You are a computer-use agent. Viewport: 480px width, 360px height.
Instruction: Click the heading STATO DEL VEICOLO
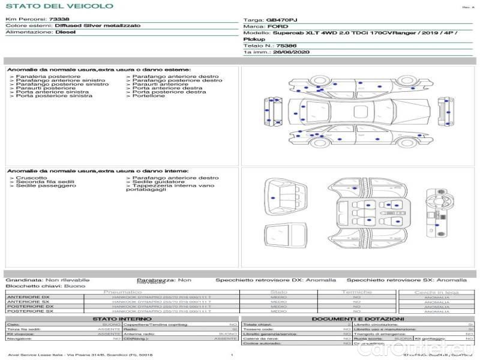(59, 6)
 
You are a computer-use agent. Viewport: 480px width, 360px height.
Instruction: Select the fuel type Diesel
(65, 32)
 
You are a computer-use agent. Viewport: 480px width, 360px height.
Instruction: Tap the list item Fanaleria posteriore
(48, 77)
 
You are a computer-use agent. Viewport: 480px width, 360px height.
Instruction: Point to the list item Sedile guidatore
(158, 182)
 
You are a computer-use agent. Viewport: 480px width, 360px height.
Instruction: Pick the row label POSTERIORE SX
(29, 311)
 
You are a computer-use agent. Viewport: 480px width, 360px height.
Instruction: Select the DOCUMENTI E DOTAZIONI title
(356, 319)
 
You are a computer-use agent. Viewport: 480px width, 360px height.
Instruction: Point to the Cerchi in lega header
(436, 292)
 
